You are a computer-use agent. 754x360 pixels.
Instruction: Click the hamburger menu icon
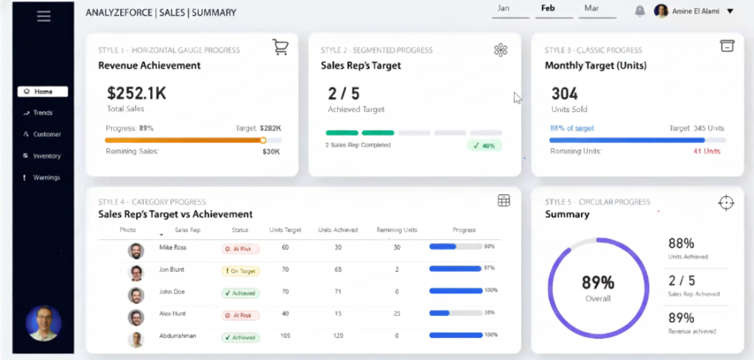tap(43, 16)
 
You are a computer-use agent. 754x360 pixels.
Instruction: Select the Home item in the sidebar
tap(43, 92)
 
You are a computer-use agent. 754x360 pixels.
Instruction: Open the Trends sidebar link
tap(42, 113)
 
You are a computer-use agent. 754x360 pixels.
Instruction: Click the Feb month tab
tap(548, 9)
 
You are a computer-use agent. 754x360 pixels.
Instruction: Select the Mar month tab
tap(591, 9)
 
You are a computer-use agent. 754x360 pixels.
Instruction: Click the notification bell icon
tap(640, 11)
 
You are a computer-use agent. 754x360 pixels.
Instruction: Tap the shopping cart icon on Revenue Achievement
tap(280, 48)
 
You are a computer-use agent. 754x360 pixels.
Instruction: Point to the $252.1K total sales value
tap(136, 93)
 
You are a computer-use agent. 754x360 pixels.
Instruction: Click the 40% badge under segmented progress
tap(484, 146)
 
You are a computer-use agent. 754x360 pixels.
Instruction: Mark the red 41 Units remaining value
tap(706, 152)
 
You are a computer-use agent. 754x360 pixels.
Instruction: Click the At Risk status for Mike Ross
tap(241, 249)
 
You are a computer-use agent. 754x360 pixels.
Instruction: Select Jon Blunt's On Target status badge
tap(241, 271)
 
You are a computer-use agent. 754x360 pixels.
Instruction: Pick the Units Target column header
tap(285, 230)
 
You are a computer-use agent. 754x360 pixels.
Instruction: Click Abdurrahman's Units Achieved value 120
tap(338, 336)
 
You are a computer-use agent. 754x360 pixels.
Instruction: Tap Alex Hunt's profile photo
tap(135, 317)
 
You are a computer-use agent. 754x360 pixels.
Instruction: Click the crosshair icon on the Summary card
tap(726, 203)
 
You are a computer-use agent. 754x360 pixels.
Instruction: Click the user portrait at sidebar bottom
tap(43, 323)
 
